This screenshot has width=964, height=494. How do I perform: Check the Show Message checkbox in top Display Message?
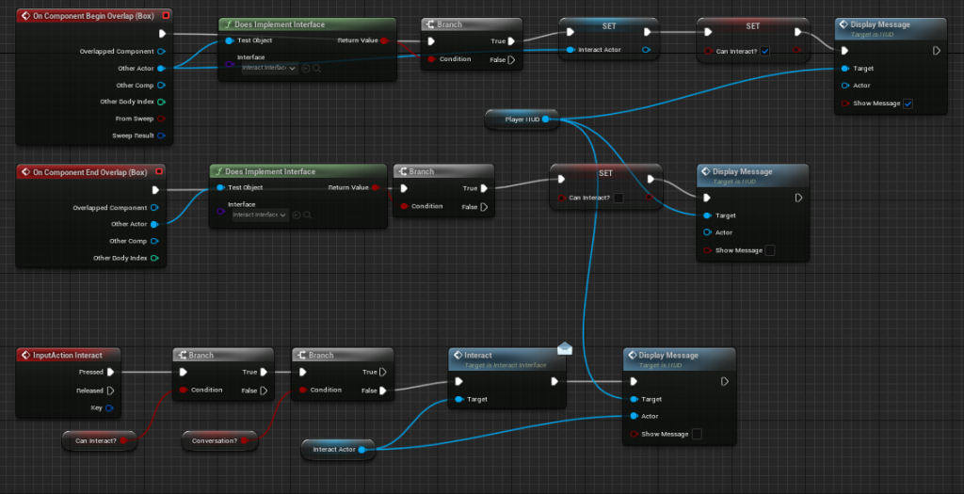(x=908, y=104)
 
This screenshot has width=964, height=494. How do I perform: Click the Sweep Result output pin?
(x=162, y=135)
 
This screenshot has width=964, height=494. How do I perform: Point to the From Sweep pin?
(x=162, y=119)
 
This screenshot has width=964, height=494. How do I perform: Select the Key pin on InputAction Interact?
(x=110, y=407)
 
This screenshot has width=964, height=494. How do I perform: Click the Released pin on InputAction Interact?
(x=110, y=390)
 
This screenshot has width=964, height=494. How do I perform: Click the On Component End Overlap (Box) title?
(x=89, y=172)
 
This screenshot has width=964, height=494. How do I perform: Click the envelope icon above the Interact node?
(x=564, y=348)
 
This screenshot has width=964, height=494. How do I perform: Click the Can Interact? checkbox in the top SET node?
(x=764, y=50)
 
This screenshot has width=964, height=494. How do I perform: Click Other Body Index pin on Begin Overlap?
(x=162, y=102)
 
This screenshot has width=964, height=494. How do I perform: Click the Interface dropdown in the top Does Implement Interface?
(x=269, y=68)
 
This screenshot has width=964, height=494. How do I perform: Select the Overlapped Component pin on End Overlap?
(x=154, y=207)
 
